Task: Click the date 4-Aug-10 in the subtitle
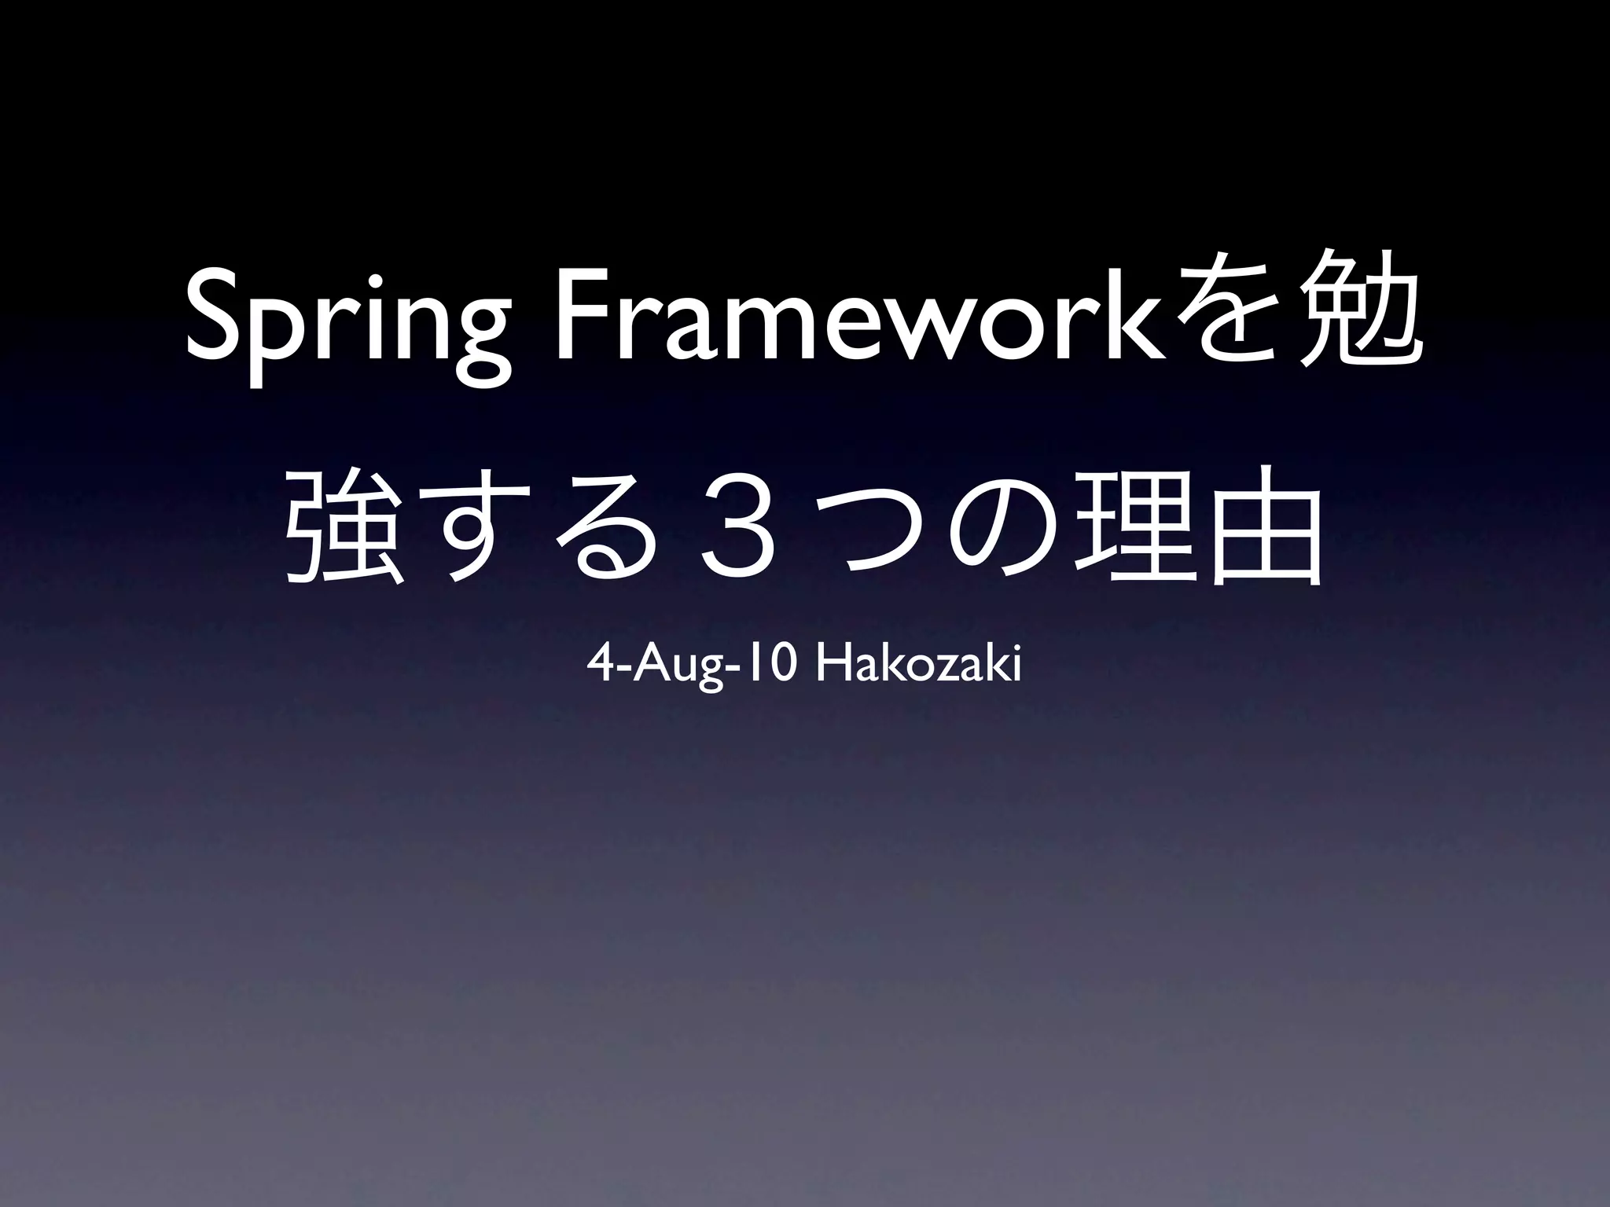pyautogui.click(x=693, y=667)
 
